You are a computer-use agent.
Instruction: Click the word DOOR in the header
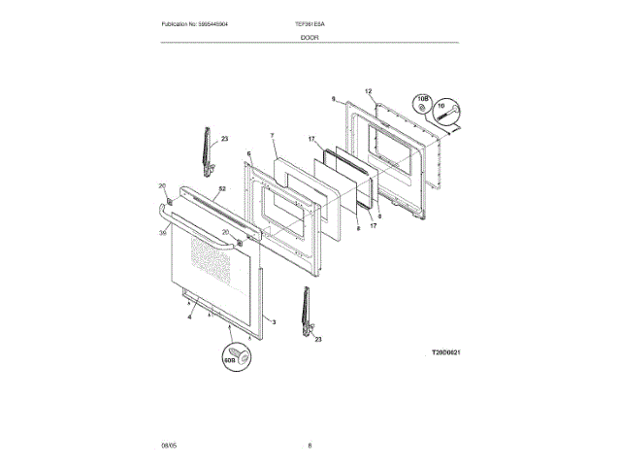310,37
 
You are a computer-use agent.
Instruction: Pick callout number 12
369,91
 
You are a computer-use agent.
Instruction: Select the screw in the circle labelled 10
449,115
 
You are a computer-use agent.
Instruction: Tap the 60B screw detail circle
238,355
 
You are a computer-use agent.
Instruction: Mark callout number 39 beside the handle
164,232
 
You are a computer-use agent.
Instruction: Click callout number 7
273,136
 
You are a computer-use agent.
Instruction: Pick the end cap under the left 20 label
169,201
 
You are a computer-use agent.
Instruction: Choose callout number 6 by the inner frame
248,153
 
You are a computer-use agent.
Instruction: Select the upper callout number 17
312,140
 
